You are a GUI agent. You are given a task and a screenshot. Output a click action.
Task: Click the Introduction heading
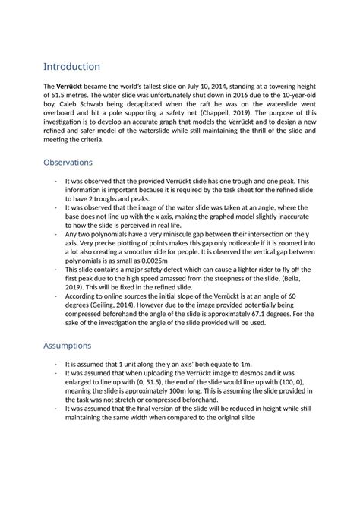point(71,67)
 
